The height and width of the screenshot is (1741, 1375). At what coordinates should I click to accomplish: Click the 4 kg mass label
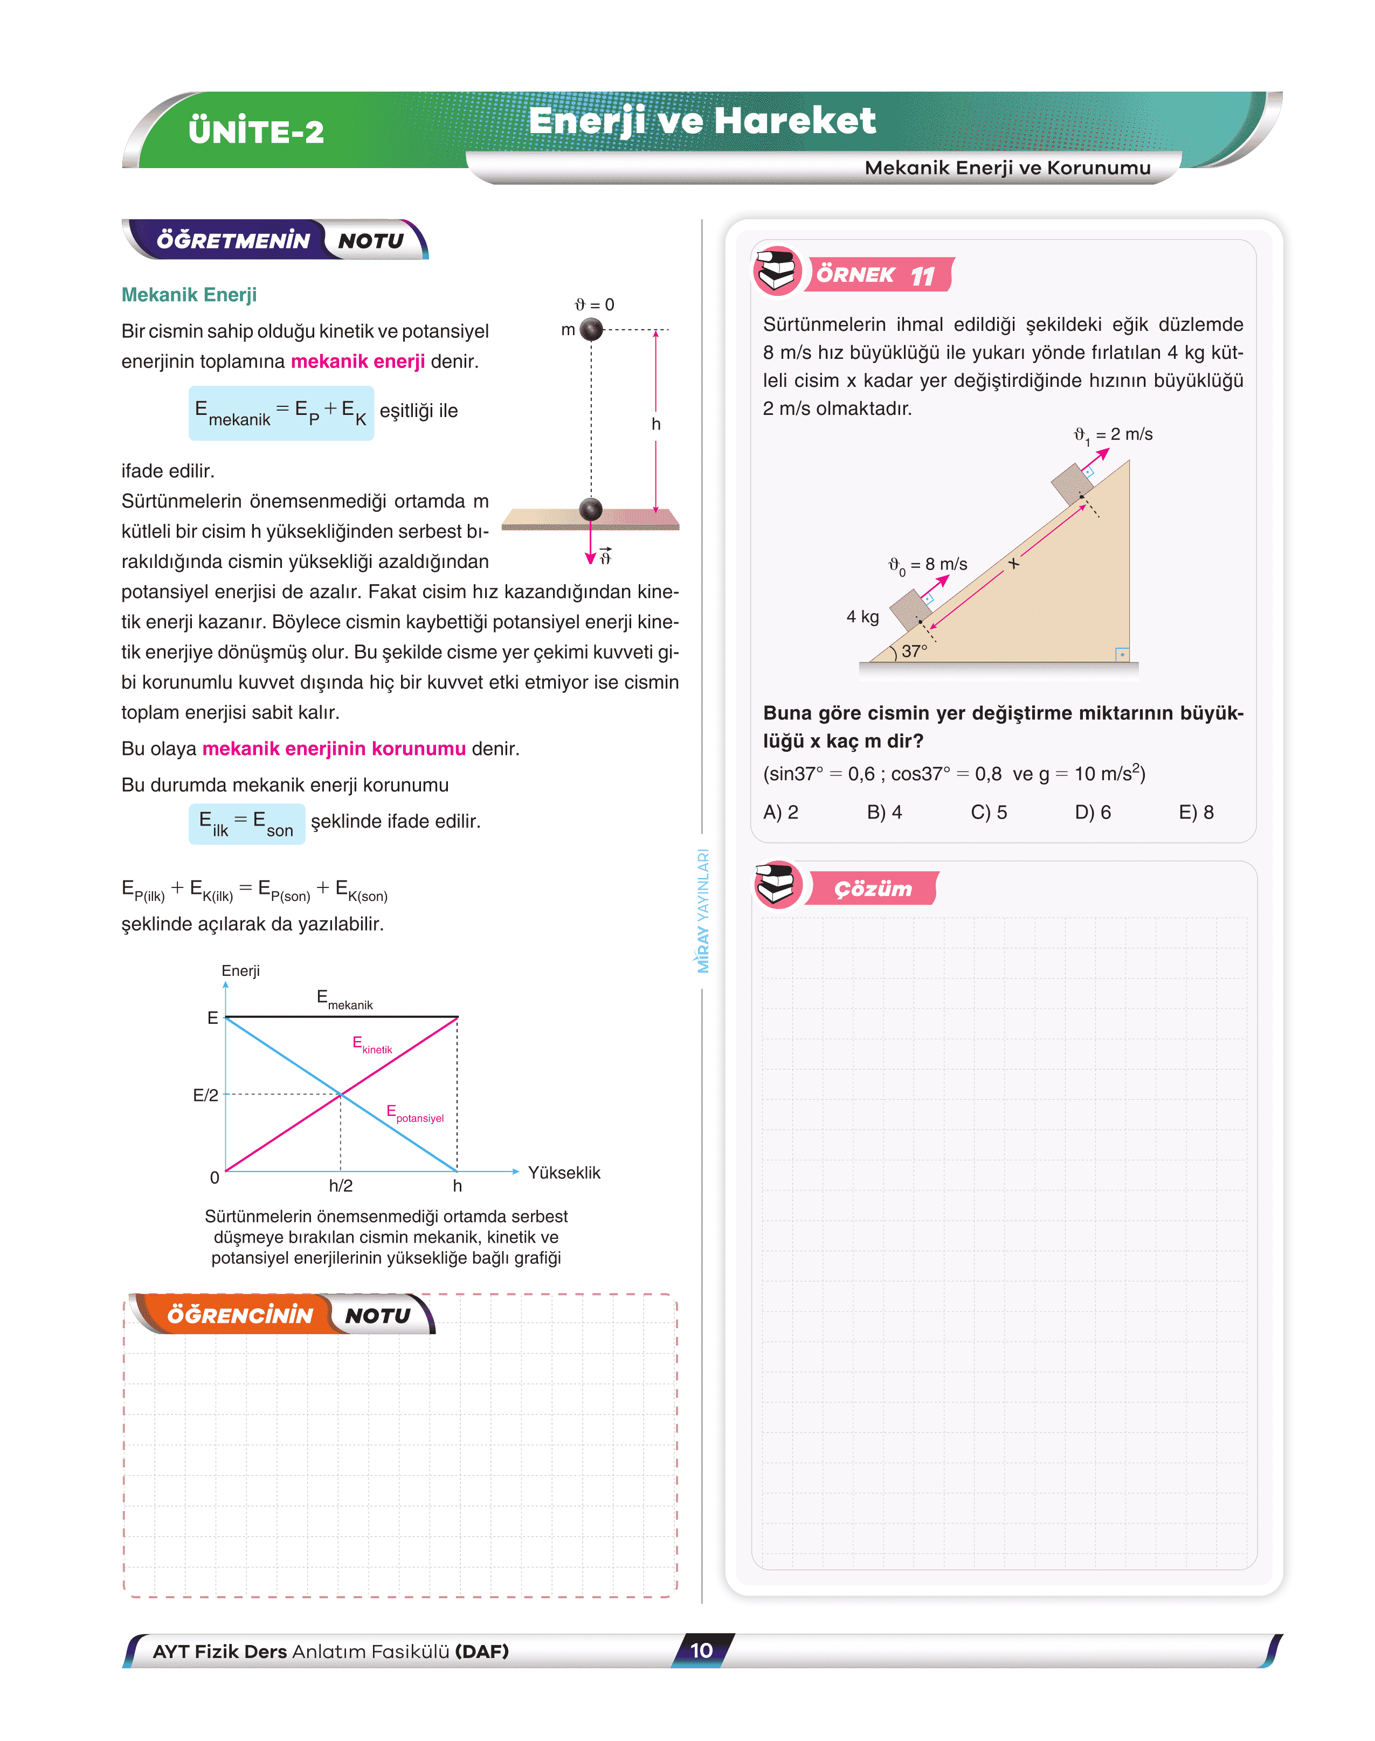pyautogui.click(x=862, y=616)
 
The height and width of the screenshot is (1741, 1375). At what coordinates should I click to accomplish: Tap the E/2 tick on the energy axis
pyautogui.click(x=205, y=1095)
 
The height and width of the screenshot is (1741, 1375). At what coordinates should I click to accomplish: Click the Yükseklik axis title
pyautogui.click(x=563, y=1173)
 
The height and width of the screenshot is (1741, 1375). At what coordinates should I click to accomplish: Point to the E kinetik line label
pyautogui.click(x=372, y=1045)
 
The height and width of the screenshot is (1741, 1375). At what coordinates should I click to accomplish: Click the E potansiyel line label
pyautogui.click(x=414, y=1114)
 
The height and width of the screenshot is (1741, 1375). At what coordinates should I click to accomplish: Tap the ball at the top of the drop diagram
pyautogui.click(x=592, y=329)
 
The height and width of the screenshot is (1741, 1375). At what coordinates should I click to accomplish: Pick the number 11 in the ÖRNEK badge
pyautogui.click(x=923, y=276)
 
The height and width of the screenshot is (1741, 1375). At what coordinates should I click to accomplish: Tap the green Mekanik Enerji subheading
pyautogui.click(x=189, y=295)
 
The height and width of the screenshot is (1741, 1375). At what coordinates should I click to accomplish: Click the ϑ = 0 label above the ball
pyautogui.click(x=594, y=305)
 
